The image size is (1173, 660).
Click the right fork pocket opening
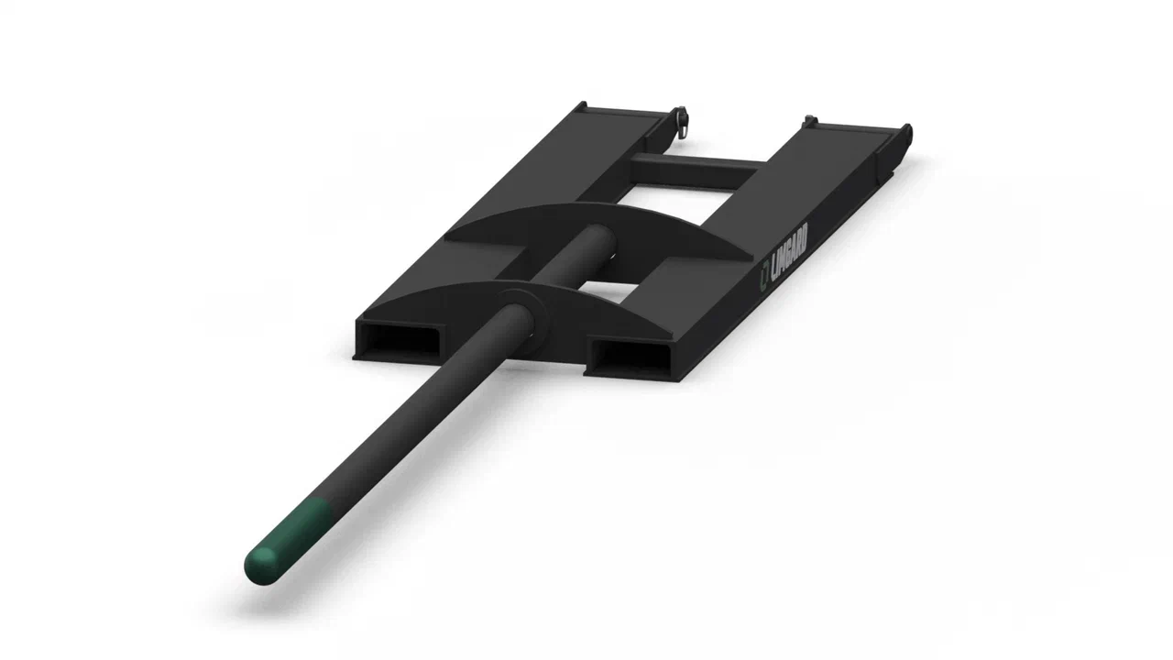(x=631, y=357)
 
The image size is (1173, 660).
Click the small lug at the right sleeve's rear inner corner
(x=809, y=120)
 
